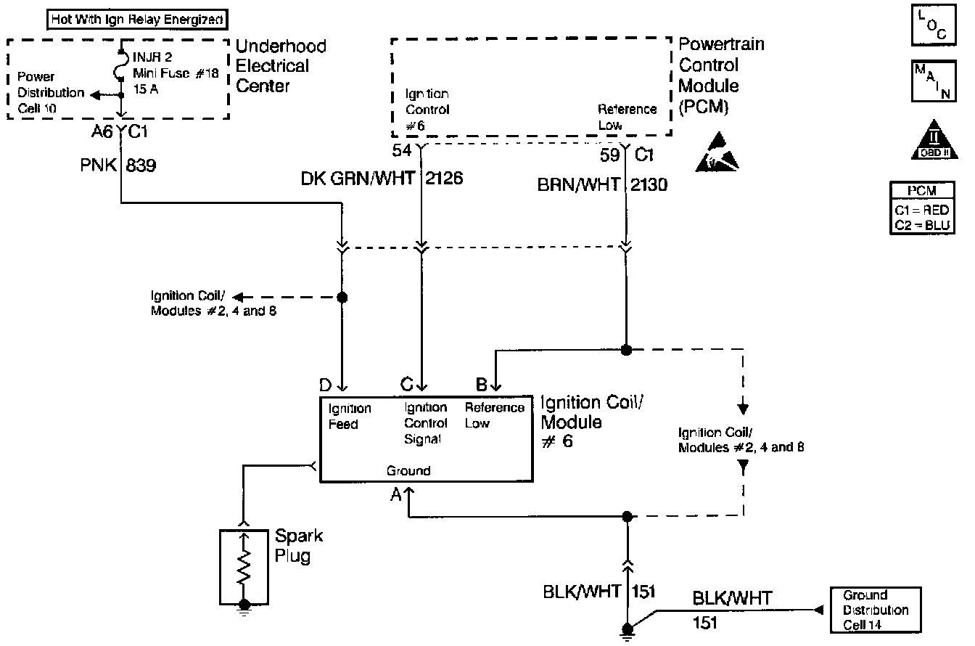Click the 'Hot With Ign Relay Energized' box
137,19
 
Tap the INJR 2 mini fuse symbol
121,65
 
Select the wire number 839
141,165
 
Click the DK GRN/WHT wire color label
358,178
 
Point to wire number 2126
444,178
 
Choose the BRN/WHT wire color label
578,184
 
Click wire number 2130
649,184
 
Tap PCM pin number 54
401,150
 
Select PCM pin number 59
609,155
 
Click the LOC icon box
934,25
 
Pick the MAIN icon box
934,81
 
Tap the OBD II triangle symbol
934,140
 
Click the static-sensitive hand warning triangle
717,152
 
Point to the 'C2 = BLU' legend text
922,226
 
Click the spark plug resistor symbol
244,566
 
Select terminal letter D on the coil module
325,385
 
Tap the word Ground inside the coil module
408,471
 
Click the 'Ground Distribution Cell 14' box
876,610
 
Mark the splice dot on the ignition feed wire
342,298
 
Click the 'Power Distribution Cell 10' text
51,92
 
